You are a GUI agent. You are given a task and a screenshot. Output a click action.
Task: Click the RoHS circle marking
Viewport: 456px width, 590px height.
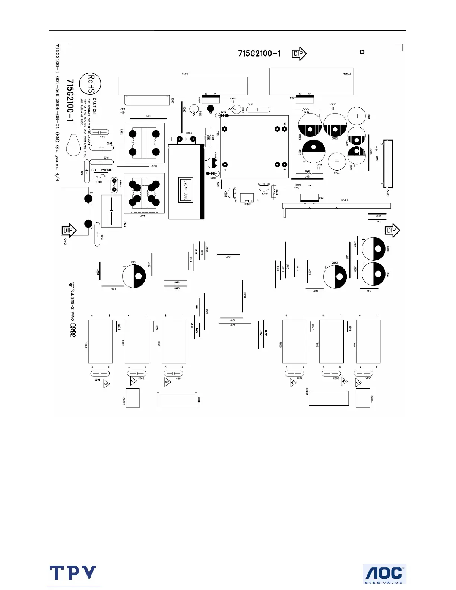point(91,83)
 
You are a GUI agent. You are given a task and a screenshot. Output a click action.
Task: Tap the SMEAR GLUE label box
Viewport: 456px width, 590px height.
point(186,190)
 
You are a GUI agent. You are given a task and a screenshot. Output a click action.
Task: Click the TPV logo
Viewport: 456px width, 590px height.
point(73,573)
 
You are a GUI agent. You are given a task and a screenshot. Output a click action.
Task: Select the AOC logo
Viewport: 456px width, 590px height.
point(384,574)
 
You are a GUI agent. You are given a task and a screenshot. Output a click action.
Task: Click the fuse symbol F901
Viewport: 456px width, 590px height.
point(101,176)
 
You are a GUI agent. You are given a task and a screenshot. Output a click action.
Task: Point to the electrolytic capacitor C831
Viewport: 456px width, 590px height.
point(134,276)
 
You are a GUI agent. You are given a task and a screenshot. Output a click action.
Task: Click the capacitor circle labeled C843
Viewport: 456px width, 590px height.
point(335,277)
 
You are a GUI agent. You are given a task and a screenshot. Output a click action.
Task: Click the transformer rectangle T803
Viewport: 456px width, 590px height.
point(100,341)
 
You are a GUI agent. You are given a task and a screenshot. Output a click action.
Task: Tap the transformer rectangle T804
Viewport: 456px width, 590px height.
point(368,341)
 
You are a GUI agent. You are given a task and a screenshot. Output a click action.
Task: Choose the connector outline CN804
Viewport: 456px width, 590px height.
point(329,398)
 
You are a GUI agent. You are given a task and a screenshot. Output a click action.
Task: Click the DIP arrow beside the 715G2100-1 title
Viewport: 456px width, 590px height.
point(299,54)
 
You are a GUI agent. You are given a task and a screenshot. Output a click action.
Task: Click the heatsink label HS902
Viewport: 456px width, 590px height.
point(346,74)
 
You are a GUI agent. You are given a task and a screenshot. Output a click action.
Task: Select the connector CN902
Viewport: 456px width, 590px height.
point(387,164)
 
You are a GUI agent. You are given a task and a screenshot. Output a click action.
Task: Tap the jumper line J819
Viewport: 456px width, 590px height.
point(228,255)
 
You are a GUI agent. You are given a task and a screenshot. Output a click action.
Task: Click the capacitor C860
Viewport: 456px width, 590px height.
point(374,249)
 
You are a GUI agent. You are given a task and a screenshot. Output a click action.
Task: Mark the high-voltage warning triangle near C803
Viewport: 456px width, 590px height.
point(107,384)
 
